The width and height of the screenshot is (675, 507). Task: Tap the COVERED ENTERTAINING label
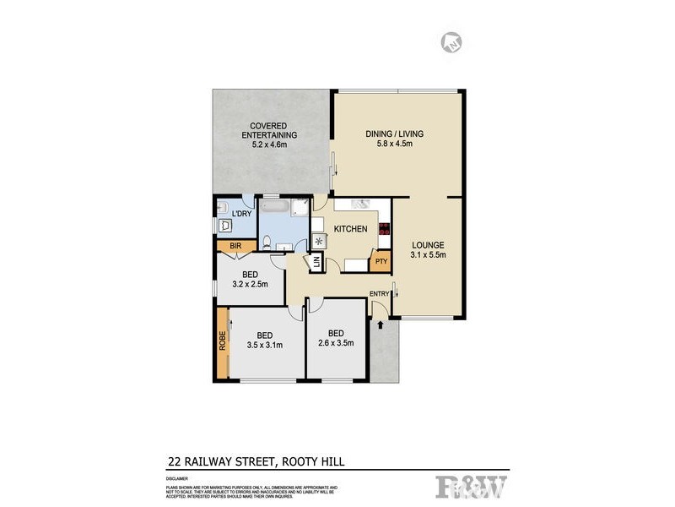[269, 130]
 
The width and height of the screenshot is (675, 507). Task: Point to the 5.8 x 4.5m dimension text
[394, 144]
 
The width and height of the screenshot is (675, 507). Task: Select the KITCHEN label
[351, 229]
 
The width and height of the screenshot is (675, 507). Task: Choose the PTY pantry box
[382, 262]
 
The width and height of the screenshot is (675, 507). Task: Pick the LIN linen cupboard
[316, 263]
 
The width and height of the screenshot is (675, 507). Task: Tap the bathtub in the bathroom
[276, 207]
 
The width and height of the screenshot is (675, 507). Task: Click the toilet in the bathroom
[267, 243]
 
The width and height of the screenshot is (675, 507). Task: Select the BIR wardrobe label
[237, 246]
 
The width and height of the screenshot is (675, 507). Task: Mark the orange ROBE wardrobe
[223, 344]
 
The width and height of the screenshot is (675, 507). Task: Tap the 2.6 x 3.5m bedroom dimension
[336, 343]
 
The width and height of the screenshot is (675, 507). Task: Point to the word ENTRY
[380, 293]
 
